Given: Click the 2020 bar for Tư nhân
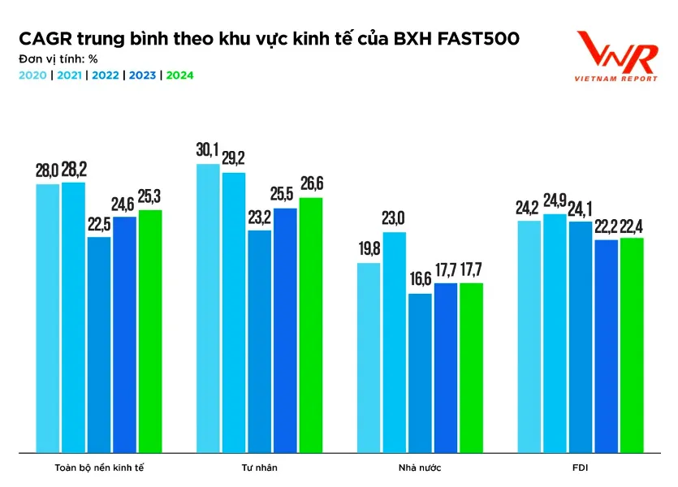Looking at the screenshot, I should click(208, 308).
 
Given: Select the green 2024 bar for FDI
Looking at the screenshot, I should click(632, 345).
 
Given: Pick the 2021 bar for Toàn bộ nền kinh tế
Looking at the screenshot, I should click(73, 317).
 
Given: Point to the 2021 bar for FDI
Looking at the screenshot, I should click(555, 333).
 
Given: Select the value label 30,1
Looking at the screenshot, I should click(208, 151).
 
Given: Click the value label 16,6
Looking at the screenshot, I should click(420, 280).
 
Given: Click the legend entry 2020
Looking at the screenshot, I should click(32, 75).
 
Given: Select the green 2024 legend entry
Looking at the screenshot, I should click(180, 75).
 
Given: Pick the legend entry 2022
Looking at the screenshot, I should click(106, 75).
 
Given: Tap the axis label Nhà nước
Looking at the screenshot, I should click(420, 468).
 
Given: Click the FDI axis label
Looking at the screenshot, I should click(581, 468).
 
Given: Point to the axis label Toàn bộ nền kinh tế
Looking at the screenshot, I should click(99, 468).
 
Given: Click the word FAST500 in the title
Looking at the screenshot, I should click(480, 39).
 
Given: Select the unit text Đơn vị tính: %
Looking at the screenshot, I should click(58, 58).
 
